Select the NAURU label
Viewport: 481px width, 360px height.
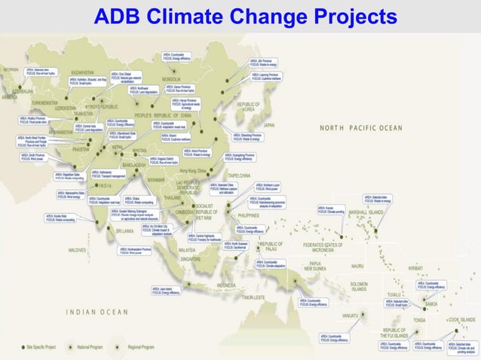click(x=358, y=265)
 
